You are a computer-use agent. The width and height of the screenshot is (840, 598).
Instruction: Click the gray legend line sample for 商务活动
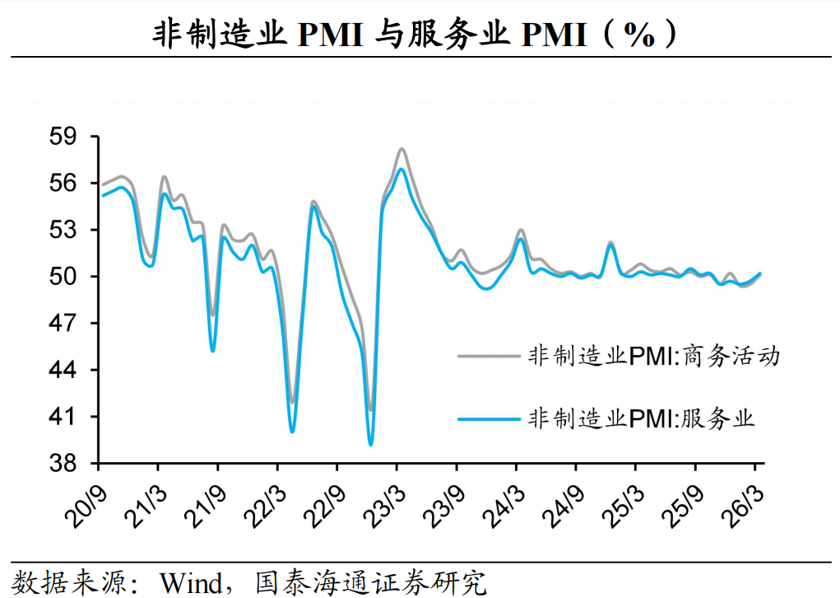489,357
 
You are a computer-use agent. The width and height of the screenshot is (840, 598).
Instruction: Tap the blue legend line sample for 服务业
489,419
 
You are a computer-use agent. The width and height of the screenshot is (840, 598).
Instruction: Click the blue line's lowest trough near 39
370,445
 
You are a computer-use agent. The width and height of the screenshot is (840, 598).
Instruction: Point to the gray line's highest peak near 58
401,149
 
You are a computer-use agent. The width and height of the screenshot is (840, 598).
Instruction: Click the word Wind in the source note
191,583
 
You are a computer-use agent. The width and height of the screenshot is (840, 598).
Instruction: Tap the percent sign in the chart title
639,35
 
